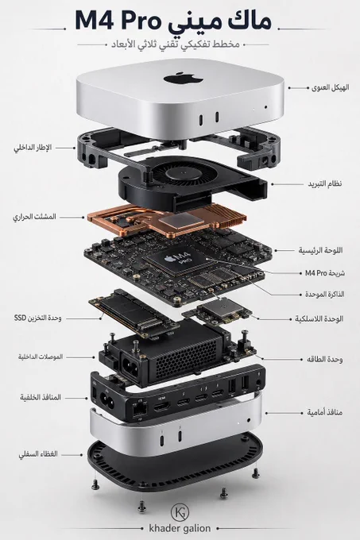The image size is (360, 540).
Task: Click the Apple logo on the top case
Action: coord(183,78)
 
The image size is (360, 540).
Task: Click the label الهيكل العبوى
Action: coord(330,87)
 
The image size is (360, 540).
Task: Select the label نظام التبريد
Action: coord(325,183)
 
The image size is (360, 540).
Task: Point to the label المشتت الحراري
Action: coord(34,217)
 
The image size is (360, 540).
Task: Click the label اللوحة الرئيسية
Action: coord(320,250)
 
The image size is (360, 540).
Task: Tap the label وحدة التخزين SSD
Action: coord(38,318)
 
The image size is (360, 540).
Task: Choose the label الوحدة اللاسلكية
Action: coord(319,318)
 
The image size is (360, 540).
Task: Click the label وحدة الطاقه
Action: coord(324,359)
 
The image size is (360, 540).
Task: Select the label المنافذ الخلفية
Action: coord(41,397)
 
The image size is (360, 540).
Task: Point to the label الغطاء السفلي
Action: coord(38,454)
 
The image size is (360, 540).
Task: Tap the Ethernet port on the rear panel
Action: coord(140,409)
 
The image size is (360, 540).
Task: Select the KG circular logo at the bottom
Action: coord(180,512)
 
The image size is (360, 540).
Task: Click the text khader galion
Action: coord(180,528)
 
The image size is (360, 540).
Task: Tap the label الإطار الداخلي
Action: coord(33,148)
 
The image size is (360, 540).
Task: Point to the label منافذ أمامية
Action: coord(325,412)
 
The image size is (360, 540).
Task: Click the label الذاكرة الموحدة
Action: coord(324,294)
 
